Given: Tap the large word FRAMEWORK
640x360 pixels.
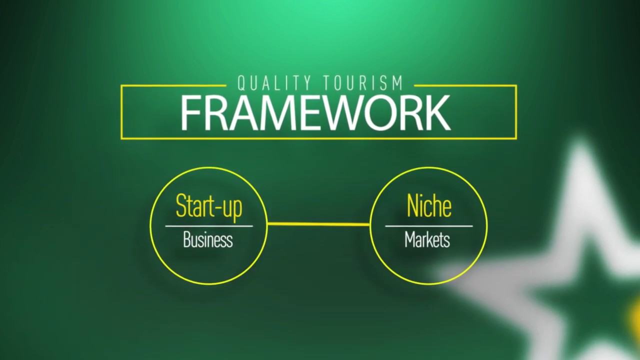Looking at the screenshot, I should [315, 113].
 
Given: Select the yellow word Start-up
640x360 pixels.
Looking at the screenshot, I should [209, 206].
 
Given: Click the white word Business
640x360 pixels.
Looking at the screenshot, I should [208, 240].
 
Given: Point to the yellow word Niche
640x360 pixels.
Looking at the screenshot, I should [429, 206].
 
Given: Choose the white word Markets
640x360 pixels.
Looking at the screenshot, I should [427, 240].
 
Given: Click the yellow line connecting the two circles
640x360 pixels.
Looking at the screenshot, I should [318, 224].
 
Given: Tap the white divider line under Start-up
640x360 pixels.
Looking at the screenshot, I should [209, 226].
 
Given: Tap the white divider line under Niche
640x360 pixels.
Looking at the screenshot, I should [428, 226].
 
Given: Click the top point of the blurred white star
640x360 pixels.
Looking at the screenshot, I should [580, 145].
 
